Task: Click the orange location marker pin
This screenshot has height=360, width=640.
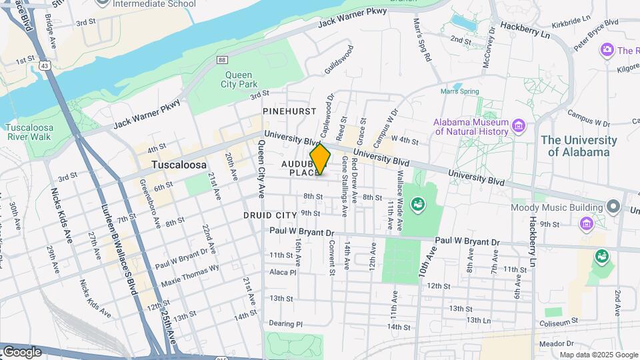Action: click(x=320, y=159)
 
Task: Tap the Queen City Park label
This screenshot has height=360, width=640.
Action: click(x=238, y=80)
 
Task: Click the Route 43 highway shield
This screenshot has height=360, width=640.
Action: click(x=43, y=65)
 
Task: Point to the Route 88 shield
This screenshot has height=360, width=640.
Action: click(x=221, y=60)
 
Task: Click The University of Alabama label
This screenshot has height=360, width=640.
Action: click(x=579, y=146)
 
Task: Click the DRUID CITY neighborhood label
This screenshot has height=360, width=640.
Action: click(x=270, y=215)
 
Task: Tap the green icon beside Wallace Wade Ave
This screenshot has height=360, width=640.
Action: click(x=418, y=203)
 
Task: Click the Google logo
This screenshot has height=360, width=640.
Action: click(x=22, y=351)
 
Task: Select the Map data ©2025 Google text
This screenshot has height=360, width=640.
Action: click(x=598, y=355)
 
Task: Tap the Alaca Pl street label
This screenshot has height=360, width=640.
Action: click(x=283, y=272)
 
